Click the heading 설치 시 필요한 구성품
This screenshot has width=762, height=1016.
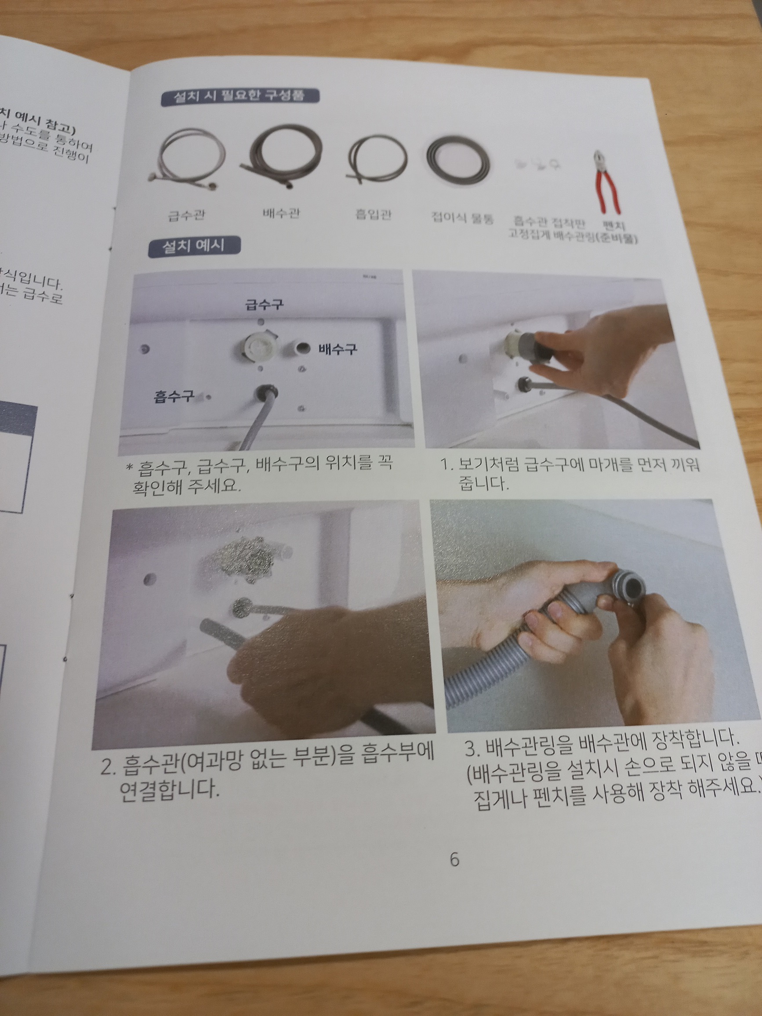point(240,98)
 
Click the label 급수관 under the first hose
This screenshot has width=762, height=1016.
point(186,215)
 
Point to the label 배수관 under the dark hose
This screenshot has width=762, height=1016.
point(281,214)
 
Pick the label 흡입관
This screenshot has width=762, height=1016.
point(374,214)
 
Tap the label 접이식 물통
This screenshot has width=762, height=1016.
point(462,217)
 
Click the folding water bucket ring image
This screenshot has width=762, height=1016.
point(457,159)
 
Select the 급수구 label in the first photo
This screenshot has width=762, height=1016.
point(264,304)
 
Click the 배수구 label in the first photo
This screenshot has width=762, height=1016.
point(337,349)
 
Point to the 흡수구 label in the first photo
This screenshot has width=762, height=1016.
point(174,396)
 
